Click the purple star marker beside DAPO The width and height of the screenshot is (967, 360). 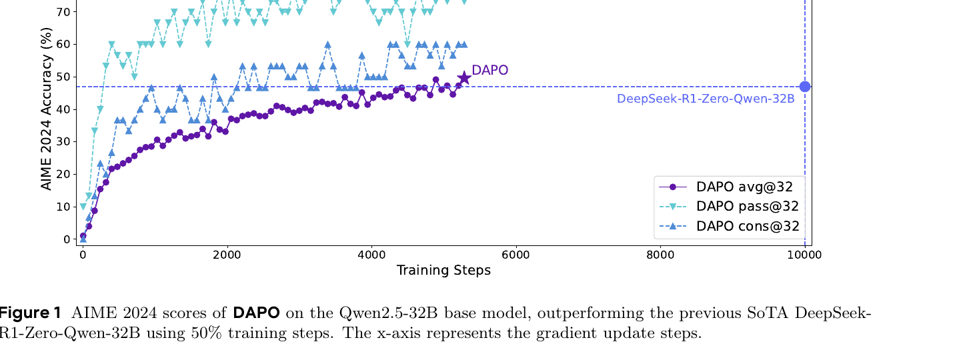coord(463,78)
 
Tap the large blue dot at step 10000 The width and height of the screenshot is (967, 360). coord(805,87)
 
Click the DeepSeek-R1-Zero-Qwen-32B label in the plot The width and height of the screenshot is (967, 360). coord(706,99)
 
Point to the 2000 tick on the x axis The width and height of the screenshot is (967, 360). coord(227,255)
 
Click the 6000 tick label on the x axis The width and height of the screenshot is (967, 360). coord(516,255)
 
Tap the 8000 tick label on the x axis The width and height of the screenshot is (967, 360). coord(660,255)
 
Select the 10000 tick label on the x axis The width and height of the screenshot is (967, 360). coord(805,255)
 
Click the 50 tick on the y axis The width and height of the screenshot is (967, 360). coord(63,77)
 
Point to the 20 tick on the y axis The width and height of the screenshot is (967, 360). coord(63,175)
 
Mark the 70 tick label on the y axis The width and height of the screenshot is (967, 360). coord(63,12)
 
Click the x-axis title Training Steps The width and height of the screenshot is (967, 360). coord(443,270)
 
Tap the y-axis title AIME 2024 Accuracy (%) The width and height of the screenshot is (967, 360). coord(46,109)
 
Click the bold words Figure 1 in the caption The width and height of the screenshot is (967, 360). coord(30,313)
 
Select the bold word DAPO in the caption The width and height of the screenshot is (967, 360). coord(257,313)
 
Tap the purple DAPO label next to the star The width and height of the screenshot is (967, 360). coord(490,70)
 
